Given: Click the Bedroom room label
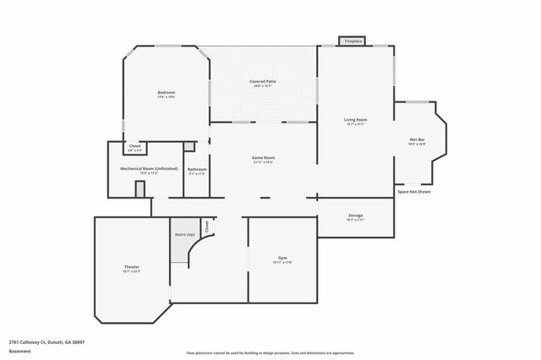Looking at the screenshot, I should point(166,92).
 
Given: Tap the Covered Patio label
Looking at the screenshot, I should point(263,81).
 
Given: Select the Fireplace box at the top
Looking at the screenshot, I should point(352,41).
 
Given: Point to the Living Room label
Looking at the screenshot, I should point(355,120).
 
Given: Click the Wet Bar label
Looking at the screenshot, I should point(417,139).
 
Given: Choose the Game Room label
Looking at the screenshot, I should point(264,157).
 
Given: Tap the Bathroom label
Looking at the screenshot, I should point(197,169).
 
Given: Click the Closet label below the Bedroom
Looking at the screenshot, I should point(134,146).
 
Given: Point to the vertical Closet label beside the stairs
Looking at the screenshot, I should point(207,226).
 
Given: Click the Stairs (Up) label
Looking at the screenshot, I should point(184,234).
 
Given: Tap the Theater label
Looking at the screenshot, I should point(131,267).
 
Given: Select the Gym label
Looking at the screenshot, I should point(282,258).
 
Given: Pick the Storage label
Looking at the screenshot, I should point(355,215).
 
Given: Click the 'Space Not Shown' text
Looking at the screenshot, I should point(414,192).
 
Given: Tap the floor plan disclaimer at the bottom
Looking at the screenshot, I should point(270,352).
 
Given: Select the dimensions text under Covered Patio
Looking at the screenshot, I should point(263,86).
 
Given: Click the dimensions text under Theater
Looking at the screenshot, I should point(131,272).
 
